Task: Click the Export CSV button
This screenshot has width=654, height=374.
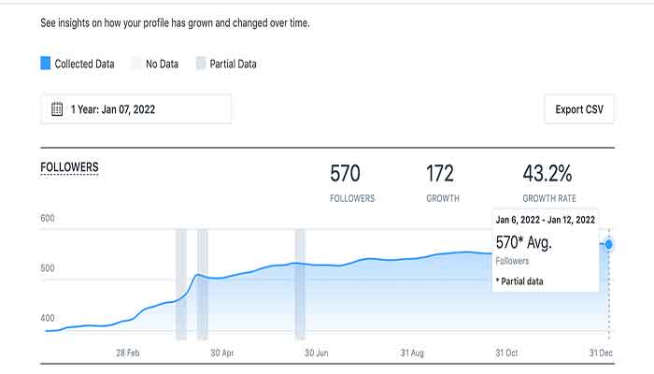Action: (579, 109)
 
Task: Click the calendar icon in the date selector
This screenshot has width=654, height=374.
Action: (57, 109)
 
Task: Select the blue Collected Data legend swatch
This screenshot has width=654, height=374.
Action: (46, 64)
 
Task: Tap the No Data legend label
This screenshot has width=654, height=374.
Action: (162, 65)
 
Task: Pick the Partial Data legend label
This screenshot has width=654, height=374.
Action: (234, 65)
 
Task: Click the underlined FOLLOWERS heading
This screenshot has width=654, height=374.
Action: (69, 167)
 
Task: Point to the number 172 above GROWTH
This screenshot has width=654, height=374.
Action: (439, 173)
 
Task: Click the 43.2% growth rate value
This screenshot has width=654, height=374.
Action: (548, 173)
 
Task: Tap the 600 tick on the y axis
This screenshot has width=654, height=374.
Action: (48, 219)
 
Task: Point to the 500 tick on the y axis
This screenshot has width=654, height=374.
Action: (48, 268)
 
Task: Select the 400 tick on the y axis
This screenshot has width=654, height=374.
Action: (48, 319)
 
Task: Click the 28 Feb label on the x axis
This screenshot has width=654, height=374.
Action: (127, 353)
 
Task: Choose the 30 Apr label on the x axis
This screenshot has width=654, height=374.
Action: (221, 353)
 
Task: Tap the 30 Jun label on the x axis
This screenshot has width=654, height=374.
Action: (316, 353)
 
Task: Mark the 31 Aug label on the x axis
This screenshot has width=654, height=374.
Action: (412, 353)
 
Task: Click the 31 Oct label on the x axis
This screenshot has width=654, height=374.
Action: (506, 353)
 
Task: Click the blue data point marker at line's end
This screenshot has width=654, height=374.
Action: (609, 244)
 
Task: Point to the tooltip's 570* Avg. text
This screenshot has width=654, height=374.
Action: (523, 243)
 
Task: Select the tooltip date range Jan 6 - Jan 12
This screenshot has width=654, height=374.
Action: (546, 220)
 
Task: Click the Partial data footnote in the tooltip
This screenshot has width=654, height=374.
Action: (519, 280)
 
